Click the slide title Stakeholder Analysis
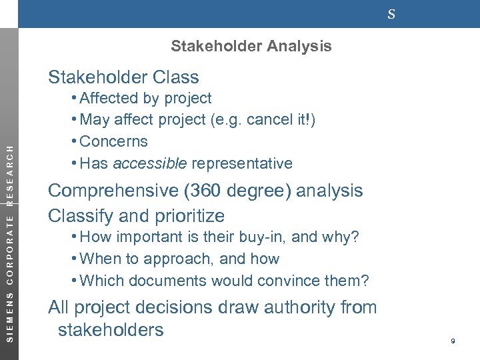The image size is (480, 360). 251,46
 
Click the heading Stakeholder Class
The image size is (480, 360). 123,77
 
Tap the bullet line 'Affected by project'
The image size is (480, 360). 145,98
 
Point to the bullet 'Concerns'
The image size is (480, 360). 113,141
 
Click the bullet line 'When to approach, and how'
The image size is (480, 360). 179,259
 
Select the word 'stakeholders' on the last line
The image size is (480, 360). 111,330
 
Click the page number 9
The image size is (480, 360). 453,341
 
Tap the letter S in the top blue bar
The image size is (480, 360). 391,14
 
